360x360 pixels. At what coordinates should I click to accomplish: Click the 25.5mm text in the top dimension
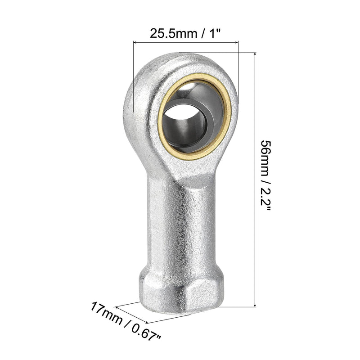pyautogui.click(x=173, y=33)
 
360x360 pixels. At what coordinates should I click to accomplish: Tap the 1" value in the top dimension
pyautogui.click(x=215, y=33)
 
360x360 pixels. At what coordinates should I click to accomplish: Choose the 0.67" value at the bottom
pyautogui.click(x=146, y=333)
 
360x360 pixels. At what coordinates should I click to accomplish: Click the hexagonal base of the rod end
pyautogui.click(x=181, y=292)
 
